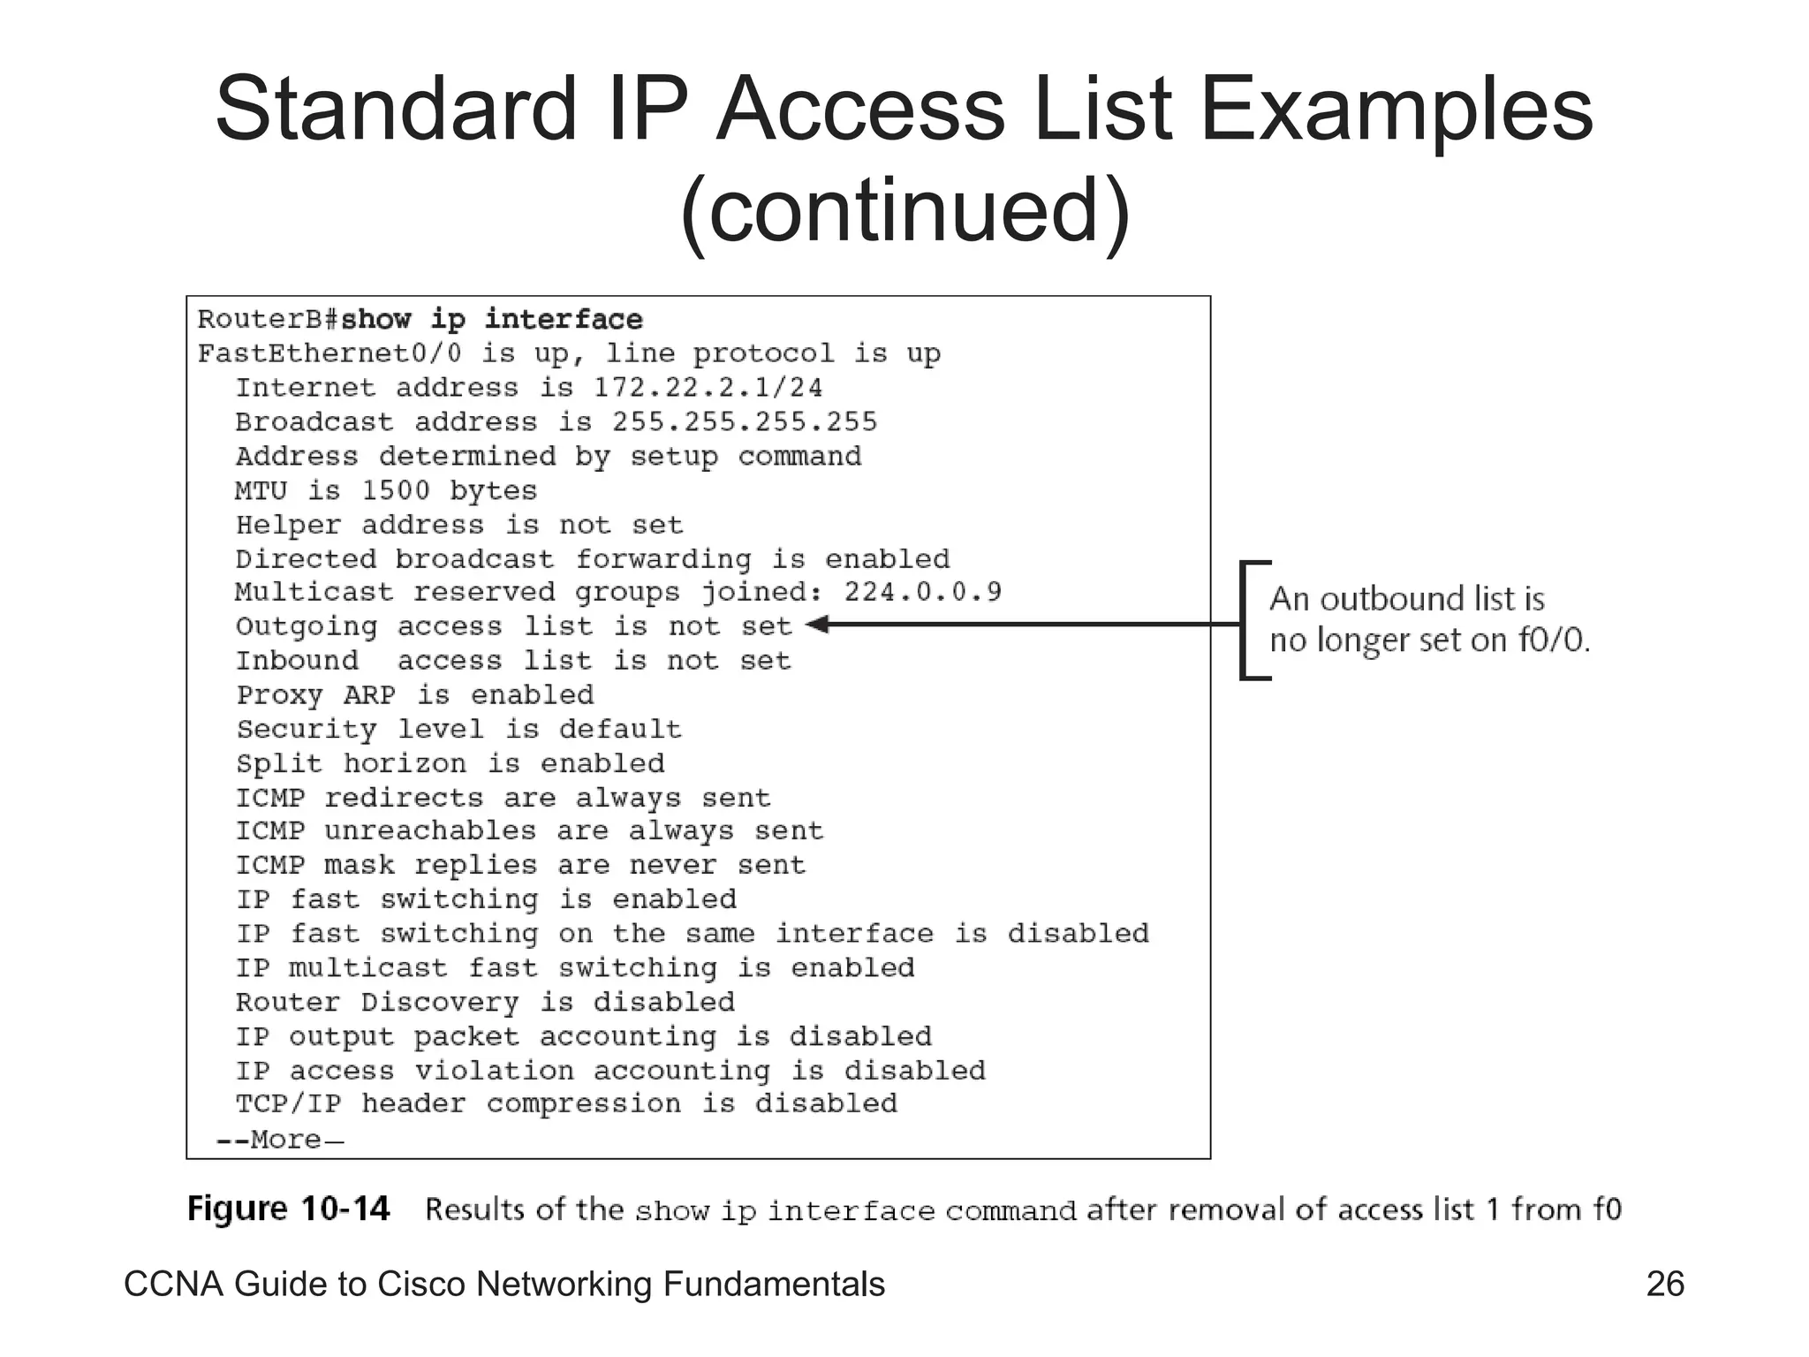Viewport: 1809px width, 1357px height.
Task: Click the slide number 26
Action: click(x=1665, y=1284)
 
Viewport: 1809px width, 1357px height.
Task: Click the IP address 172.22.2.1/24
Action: click(x=708, y=387)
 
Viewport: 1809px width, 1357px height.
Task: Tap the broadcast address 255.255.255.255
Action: click(x=745, y=421)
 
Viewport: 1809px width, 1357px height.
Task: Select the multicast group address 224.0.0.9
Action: click(x=922, y=591)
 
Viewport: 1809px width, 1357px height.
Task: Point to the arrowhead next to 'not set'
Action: click(x=817, y=625)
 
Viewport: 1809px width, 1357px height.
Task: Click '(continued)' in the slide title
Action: click(x=904, y=210)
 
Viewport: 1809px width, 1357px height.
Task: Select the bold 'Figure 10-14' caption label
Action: click(x=288, y=1209)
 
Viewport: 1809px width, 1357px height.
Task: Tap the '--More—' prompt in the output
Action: click(x=279, y=1140)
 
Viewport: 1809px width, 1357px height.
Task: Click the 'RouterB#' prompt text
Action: click(x=268, y=319)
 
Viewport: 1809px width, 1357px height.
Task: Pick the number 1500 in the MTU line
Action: click(x=396, y=490)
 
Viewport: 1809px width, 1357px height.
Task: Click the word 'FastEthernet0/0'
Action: click(x=329, y=353)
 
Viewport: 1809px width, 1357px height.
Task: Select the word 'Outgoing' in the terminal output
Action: click(x=307, y=626)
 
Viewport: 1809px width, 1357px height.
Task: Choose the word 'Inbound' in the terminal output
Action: click(x=298, y=661)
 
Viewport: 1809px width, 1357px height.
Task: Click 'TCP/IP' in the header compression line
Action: click(x=288, y=1104)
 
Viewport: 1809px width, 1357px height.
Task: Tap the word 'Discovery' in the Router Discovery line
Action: click(x=440, y=1003)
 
